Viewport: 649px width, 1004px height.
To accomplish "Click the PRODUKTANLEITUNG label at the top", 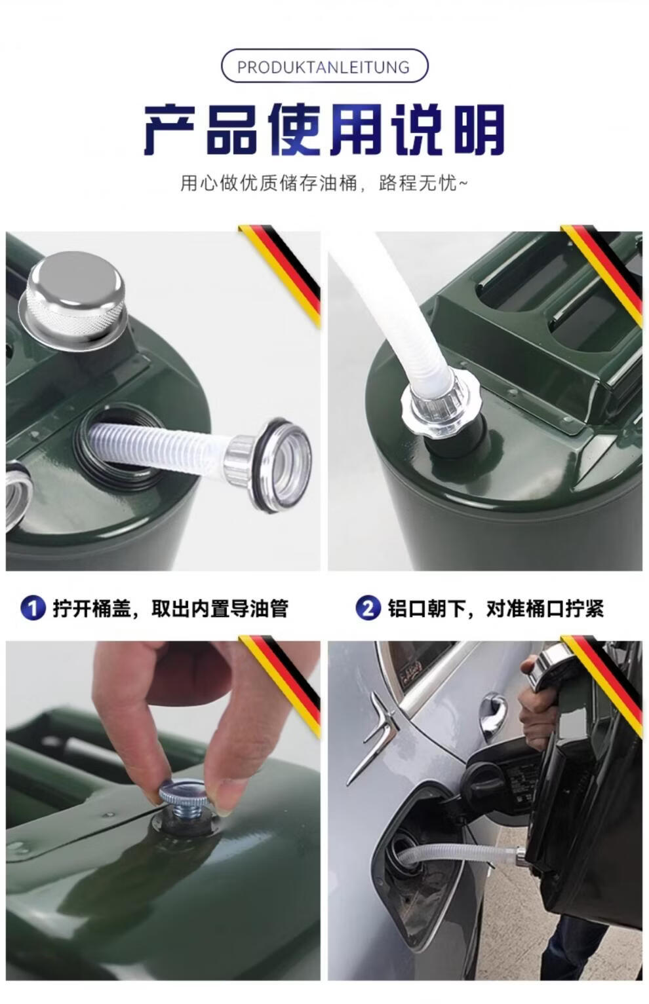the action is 324,67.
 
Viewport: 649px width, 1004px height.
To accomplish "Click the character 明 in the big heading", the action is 479,130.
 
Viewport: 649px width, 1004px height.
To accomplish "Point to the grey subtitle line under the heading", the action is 324,183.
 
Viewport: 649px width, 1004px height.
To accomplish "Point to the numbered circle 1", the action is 33,608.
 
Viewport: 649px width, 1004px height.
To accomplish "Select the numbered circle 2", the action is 368,608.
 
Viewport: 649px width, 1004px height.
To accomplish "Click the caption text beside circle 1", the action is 171,608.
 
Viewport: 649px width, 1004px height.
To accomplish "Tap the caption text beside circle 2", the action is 496,608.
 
